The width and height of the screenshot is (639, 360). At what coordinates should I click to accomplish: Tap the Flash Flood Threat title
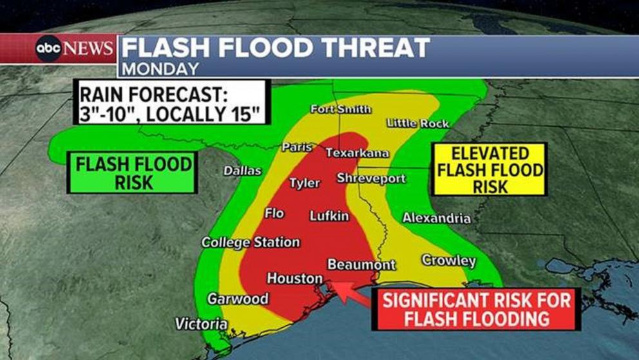pyautogui.click(x=276, y=48)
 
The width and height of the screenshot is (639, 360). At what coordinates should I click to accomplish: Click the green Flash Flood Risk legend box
pyautogui.click(x=133, y=173)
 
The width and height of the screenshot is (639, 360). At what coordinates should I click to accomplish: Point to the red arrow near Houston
pyautogui.click(x=351, y=292)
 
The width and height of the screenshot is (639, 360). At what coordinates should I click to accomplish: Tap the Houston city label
pyautogui.click(x=295, y=279)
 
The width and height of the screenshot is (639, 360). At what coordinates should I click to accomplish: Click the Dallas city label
pyautogui.click(x=242, y=171)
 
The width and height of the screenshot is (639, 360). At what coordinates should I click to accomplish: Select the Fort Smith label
pyautogui.click(x=340, y=109)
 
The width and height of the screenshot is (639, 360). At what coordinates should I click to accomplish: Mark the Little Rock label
pyautogui.click(x=417, y=123)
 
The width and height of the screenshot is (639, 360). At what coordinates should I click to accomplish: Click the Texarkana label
pyautogui.click(x=357, y=153)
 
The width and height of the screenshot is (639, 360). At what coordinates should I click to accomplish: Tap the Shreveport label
pyautogui.click(x=371, y=178)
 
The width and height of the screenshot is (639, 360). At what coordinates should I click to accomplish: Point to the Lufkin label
pyautogui.click(x=329, y=216)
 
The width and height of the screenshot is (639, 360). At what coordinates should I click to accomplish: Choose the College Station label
pyautogui.click(x=251, y=242)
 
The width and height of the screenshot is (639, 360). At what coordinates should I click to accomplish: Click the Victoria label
pyautogui.click(x=201, y=324)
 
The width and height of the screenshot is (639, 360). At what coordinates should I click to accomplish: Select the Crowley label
pyautogui.click(x=448, y=261)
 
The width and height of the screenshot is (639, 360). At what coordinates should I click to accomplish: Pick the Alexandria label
pyautogui.click(x=436, y=218)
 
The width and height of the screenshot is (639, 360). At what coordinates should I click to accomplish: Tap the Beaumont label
pyautogui.click(x=361, y=265)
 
